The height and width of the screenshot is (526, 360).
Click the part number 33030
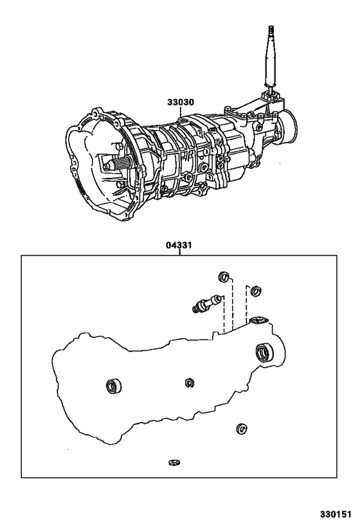181,102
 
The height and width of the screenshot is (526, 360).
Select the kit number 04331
181,245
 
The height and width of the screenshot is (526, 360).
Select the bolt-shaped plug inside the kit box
205,303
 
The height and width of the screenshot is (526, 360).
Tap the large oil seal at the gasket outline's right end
264,351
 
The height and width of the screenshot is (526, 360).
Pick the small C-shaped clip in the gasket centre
188,383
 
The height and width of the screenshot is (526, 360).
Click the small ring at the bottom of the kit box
172,462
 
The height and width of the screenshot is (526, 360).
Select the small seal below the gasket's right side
242,429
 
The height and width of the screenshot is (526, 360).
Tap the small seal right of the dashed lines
255,291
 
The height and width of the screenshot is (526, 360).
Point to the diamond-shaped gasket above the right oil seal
258,320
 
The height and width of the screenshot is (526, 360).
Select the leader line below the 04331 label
181,252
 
